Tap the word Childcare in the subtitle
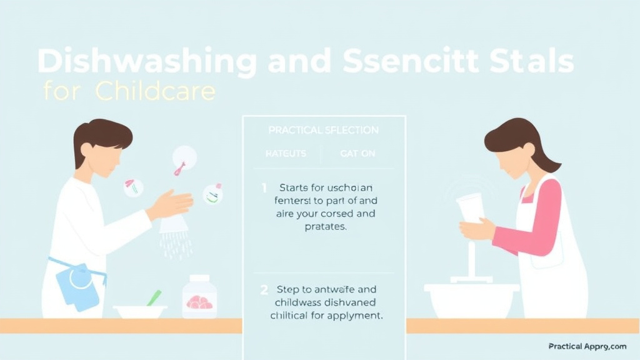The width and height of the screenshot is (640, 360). (x=155, y=92)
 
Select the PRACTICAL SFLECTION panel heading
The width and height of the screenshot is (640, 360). (x=323, y=130)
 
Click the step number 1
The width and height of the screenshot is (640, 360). (x=264, y=187)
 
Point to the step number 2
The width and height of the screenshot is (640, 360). (x=264, y=289)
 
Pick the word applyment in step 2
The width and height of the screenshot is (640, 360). (x=352, y=316)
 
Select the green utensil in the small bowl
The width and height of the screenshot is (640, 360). (x=154, y=297)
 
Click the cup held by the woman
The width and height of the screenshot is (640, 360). (x=471, y=207)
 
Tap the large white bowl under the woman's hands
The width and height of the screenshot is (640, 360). (x=471, y=298)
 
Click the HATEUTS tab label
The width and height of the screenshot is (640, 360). (x=286, y=153)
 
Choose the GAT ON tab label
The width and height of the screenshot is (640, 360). (x=357, y=153)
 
